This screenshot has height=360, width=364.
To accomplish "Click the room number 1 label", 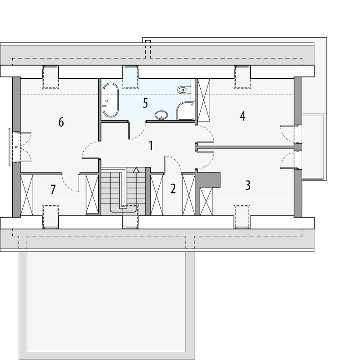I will click(x=151, y=146).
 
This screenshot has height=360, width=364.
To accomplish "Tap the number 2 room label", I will click(x=173, y=188).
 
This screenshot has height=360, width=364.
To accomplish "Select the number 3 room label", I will click(x=248, y=185).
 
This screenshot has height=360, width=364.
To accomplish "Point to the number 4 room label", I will click(x=243, y=116).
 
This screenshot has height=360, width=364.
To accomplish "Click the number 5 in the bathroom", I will click(x=145, y=103).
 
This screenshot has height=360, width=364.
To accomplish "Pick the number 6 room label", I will click(x=61, y=122).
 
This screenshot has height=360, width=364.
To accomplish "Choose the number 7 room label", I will click(x=53, y=189).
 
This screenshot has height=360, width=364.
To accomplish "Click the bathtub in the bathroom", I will click(x=110, y=100).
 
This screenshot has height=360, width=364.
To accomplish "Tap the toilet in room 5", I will click(x=183, y=89).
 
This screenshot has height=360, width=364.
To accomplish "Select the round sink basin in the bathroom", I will click(x=162, y=115).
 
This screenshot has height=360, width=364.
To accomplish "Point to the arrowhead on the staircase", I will click(x=136, y=170).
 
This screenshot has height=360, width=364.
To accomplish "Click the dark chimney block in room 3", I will click(x=209, y=179).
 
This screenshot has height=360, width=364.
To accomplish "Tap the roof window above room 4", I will click(x=242, y=76).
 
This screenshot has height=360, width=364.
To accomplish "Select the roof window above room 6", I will click(x=50, y=76).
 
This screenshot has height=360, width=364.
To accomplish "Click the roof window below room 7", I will click(x=50, y=217).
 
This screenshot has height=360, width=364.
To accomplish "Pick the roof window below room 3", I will click(x=242, y=217).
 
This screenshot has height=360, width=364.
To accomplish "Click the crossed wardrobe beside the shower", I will click(x=203, y=100).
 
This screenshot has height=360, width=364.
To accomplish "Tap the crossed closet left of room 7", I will click(x=28, y=195).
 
